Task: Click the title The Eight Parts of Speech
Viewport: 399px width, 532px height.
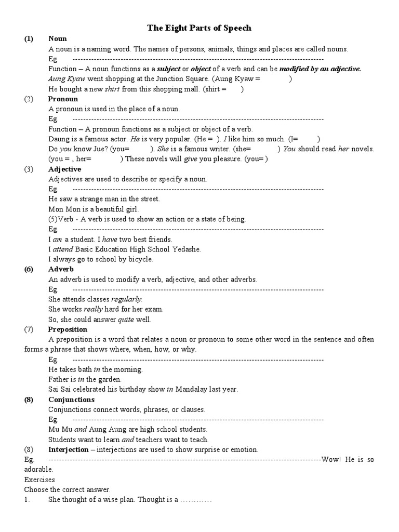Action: [199, 28]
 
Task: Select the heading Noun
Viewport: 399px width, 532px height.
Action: [58, 39]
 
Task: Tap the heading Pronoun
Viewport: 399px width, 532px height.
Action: [63, 99]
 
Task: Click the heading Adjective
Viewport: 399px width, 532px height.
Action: [64, 169]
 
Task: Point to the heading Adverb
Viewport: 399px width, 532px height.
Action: [61, 270]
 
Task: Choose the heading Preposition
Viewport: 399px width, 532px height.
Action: [68, 329]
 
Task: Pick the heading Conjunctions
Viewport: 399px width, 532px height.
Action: [71, 400]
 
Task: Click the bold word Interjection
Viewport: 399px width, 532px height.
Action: [68, 450]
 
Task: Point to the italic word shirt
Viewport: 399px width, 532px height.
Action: [112, 89]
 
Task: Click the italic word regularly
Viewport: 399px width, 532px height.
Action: [126, 300]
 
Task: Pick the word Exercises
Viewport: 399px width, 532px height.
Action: [39, 480]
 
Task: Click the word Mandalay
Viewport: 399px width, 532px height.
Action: [192, 390]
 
